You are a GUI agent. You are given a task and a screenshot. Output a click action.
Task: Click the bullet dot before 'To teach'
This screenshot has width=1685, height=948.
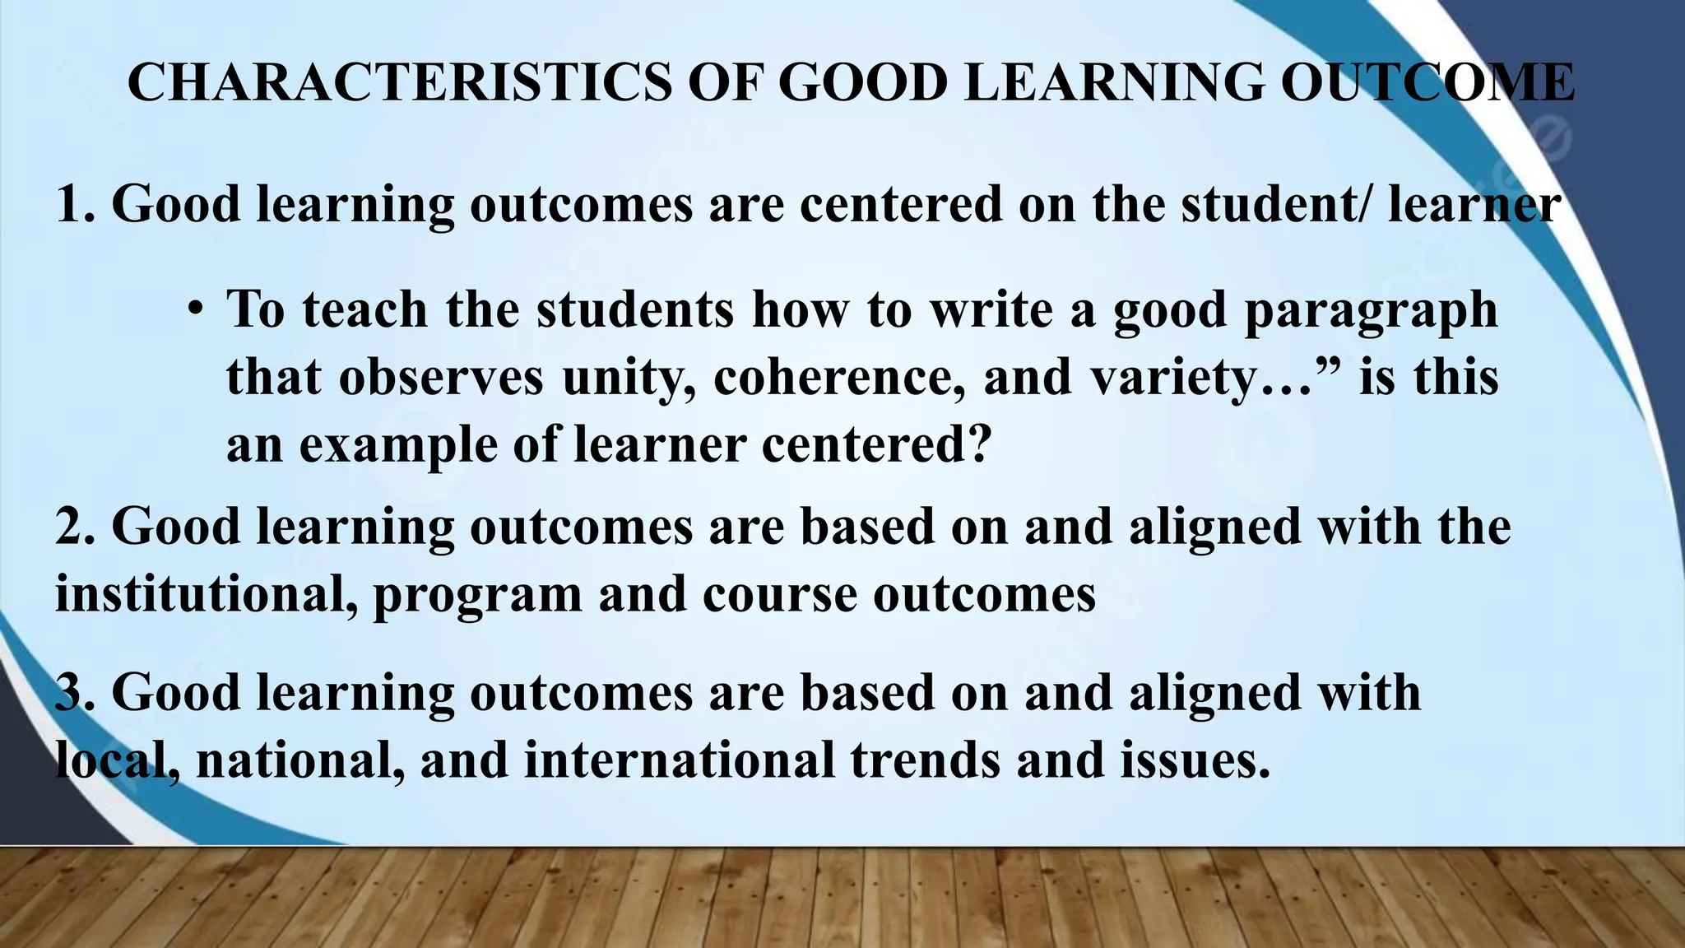(x=194, y=311)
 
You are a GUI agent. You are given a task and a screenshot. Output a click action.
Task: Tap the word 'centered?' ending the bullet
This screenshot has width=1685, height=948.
(x=876, y=446)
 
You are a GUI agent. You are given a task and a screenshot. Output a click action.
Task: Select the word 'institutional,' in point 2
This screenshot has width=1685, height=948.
(x=206, y=594)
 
